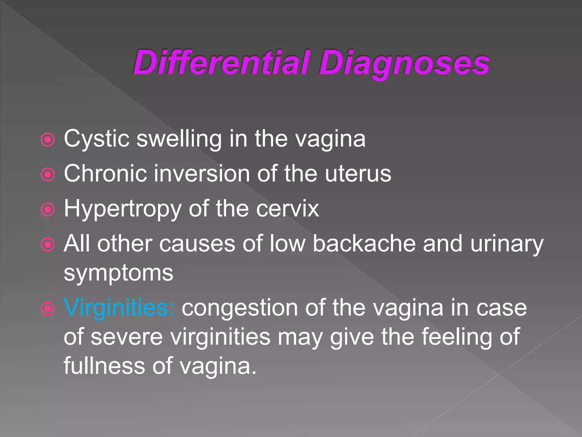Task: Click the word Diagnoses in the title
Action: click(x=404, y=63)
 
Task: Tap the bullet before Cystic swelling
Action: click(x=48, y=139)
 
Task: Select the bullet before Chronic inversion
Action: click(x=48, y=174)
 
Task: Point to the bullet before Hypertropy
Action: click(x=48, y=210)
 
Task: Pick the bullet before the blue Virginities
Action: click(x=48, y=308)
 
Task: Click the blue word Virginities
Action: click(x=119, y=308)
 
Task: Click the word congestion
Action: click(x=240, y=308)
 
